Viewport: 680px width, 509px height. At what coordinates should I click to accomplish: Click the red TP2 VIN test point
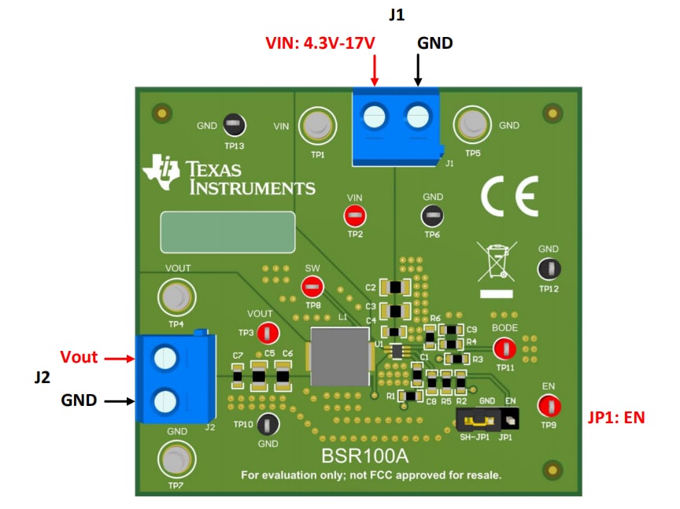(354, 216)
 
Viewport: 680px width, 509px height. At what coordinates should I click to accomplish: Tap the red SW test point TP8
(312, 286)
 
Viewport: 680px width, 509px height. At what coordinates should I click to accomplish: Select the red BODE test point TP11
(504, 348)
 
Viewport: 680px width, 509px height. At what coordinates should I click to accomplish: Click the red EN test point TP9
(549, 406)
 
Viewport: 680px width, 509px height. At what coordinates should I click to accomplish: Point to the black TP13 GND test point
(232, 124)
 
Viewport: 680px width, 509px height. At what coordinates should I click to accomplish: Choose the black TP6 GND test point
(432, 215)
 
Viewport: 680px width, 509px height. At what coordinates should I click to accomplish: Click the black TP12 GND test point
(549, 269)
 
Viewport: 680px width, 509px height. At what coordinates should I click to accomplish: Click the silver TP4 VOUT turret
(175, 297)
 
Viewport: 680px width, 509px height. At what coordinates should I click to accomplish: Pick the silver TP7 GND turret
(175, 458)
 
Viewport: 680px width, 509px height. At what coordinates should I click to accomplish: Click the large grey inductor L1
(340, 356)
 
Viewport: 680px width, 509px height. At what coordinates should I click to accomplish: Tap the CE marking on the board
(509, 196)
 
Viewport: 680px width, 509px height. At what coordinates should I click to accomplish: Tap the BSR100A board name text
(364, 456)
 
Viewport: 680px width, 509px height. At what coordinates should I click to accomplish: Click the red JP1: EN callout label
(616, 418)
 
